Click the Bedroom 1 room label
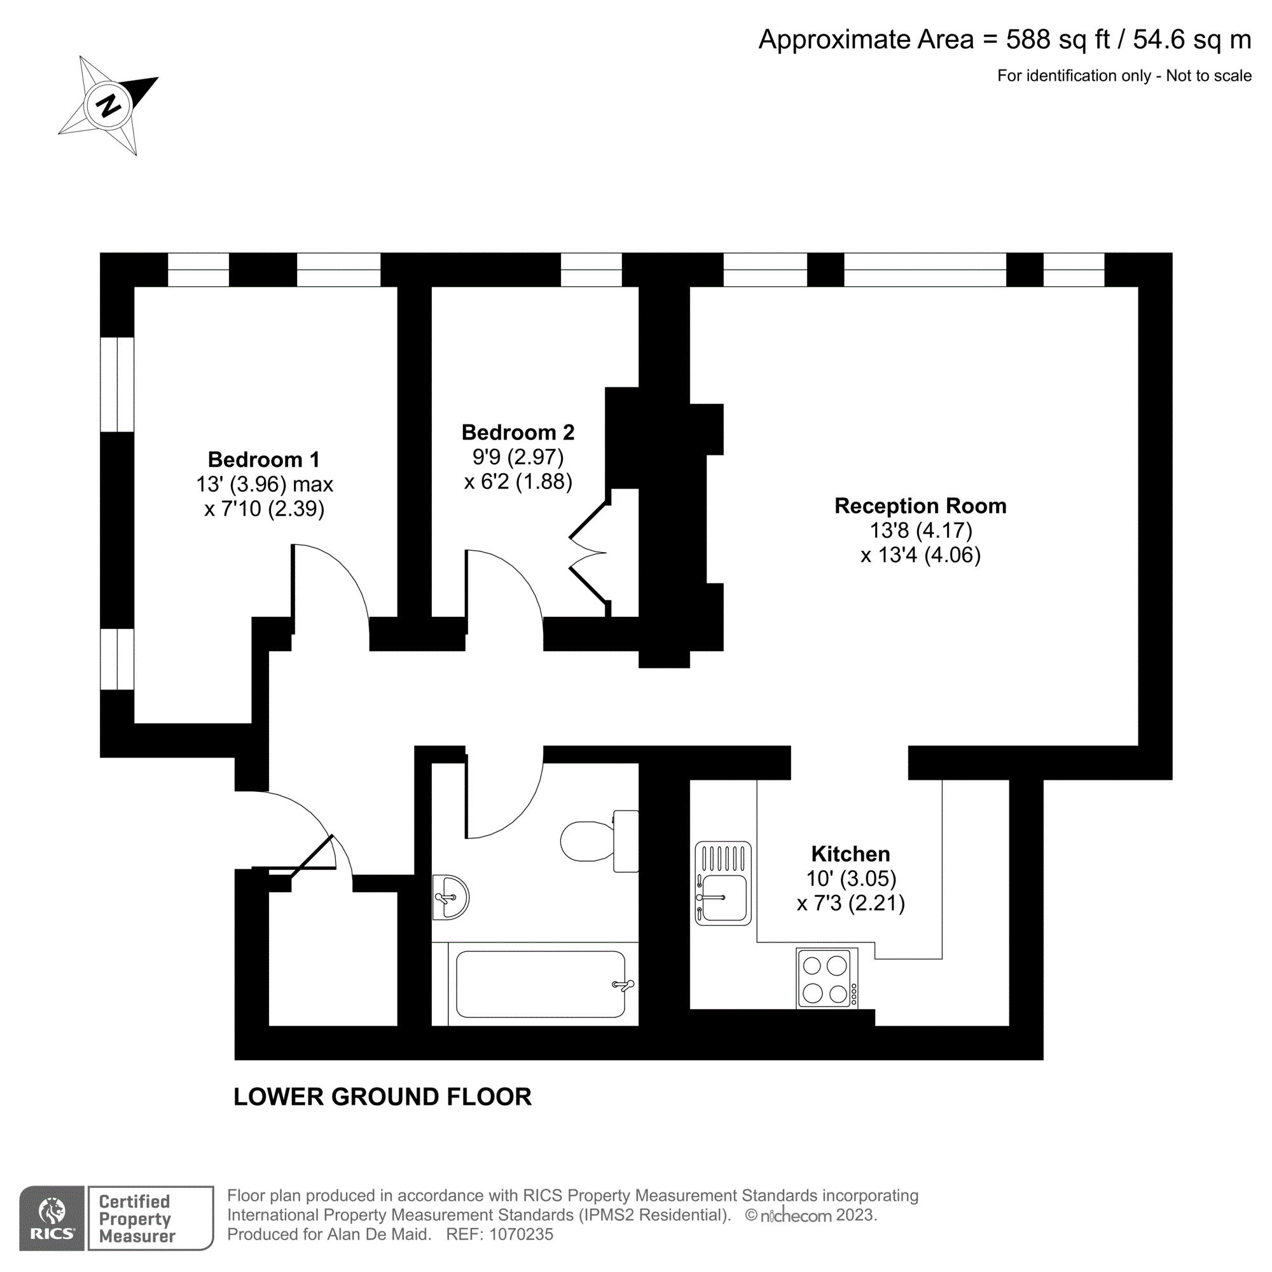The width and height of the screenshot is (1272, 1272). (x=263, y=460)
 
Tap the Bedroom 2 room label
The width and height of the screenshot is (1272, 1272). (x=518, y=432)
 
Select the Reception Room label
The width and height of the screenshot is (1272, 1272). (x=920, y=506)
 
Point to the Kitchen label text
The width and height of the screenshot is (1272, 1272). (x=850, y=854)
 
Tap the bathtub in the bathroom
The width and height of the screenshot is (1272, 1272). (x=540, y=984)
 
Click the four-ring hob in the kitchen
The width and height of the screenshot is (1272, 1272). (x=826, y=978)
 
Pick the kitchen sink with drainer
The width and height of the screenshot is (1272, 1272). (x=723, y=883)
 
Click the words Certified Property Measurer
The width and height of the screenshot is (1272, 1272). (x=137, y=1219)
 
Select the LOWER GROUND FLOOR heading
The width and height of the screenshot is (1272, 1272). (x=382, y=1097)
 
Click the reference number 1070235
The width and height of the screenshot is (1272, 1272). (x=521, y=1234)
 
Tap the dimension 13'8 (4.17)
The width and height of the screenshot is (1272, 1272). (x=920, y=530)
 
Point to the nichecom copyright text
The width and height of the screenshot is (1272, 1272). (x=810, y=1215)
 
